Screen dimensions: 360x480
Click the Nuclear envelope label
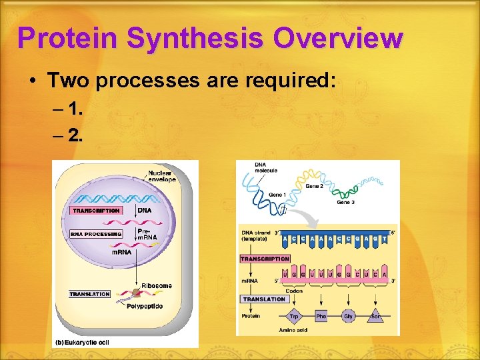pos(162,176)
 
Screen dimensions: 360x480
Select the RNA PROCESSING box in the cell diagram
pos(96,234)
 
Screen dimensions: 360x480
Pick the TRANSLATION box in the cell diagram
pos(89,294)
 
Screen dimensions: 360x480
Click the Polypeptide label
pos(145,307)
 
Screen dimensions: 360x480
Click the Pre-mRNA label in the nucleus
pos(147,235)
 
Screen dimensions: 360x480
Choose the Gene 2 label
pos(315,187)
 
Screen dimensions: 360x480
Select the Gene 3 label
pos(346,202)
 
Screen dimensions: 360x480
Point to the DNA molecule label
pos(265,167)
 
